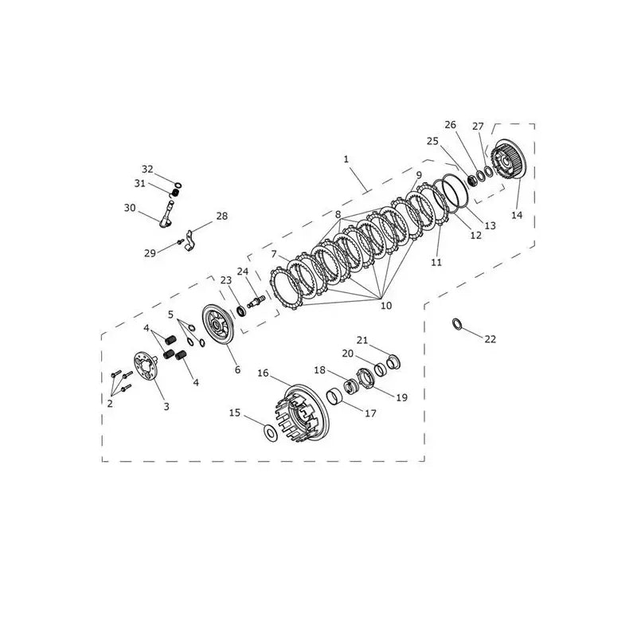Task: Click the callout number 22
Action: (x=490, y=339)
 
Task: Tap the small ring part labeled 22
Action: (x=457, y=325)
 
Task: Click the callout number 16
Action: (x=263, y=373)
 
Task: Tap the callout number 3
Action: (x=166, y=406)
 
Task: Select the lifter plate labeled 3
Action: (x=146, y=366)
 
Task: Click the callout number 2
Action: (x=110, y=404)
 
